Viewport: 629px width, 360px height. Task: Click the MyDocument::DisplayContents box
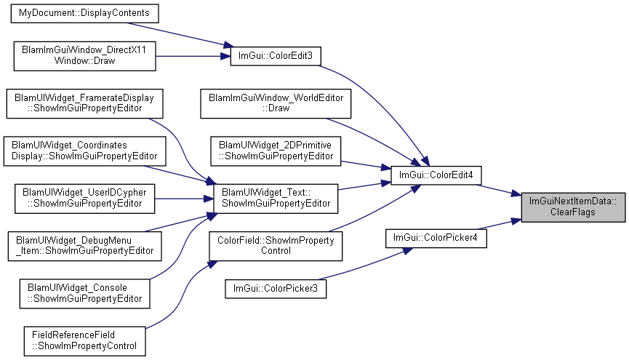click(84, 13)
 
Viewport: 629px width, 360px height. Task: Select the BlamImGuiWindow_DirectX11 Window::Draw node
click(84, 56)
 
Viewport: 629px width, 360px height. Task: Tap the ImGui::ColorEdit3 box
click(276, 56)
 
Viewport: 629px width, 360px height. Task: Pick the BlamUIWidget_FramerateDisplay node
click(84, 103)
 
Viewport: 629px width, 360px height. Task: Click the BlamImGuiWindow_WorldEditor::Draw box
click(276, 103)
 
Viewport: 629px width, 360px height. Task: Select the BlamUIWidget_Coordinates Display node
click(84, 151)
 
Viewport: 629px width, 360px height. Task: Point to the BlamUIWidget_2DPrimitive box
click(276, 151)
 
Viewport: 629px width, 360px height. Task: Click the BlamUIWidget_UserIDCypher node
click(84, 199)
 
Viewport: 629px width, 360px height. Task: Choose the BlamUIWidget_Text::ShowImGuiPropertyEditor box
click(276, 199)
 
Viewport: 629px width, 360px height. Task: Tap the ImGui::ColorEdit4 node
click(436, 175)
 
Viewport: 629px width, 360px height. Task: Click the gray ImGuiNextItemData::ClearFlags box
click(573, 207)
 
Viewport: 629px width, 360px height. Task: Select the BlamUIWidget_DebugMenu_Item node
click(84, 246)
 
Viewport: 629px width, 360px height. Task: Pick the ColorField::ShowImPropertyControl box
click(276, 246)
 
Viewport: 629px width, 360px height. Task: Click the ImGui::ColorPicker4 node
click(436, 238)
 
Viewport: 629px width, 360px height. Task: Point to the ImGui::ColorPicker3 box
click(276, 289)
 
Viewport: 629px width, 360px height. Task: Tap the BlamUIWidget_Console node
click(84, 293)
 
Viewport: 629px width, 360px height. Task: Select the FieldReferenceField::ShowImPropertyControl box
click(84, 341)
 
